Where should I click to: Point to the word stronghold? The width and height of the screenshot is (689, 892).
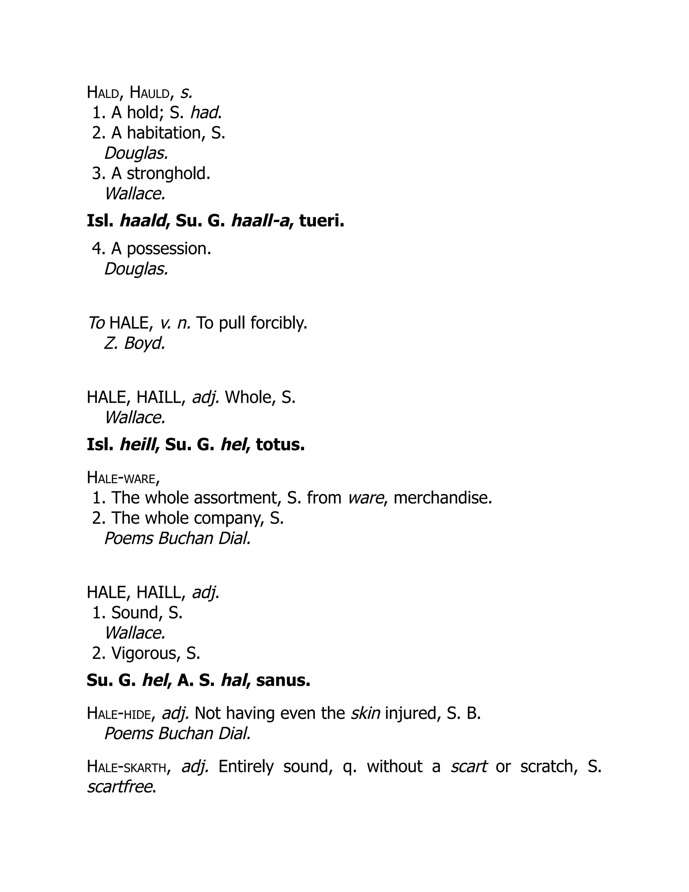(168, 174)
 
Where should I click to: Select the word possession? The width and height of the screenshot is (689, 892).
(169, 249)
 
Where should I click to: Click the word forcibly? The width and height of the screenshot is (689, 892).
(279, 323)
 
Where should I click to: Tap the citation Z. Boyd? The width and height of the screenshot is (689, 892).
(135, 343)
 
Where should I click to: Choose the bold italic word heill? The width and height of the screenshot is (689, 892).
(138, 445)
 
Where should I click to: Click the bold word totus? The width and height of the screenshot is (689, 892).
(281, 445)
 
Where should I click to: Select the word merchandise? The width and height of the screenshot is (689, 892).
(442, 498)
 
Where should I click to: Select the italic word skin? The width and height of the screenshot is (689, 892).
(365, 714)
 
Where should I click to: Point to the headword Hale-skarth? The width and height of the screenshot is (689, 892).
(126, 766)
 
